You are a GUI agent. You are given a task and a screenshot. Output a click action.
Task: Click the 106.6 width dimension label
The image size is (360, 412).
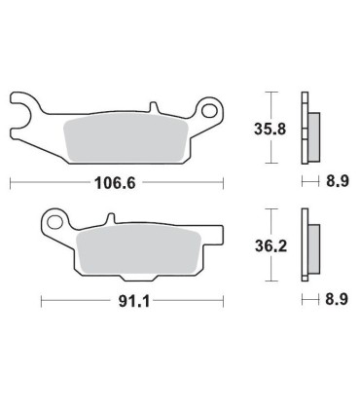(116, 182)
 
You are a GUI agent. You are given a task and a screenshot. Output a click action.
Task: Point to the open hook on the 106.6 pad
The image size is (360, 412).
(21, 107)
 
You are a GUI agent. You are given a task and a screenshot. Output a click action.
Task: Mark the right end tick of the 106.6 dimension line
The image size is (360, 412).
(223, 182)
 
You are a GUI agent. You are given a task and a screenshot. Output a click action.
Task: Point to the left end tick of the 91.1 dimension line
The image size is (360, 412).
(41, 302)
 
